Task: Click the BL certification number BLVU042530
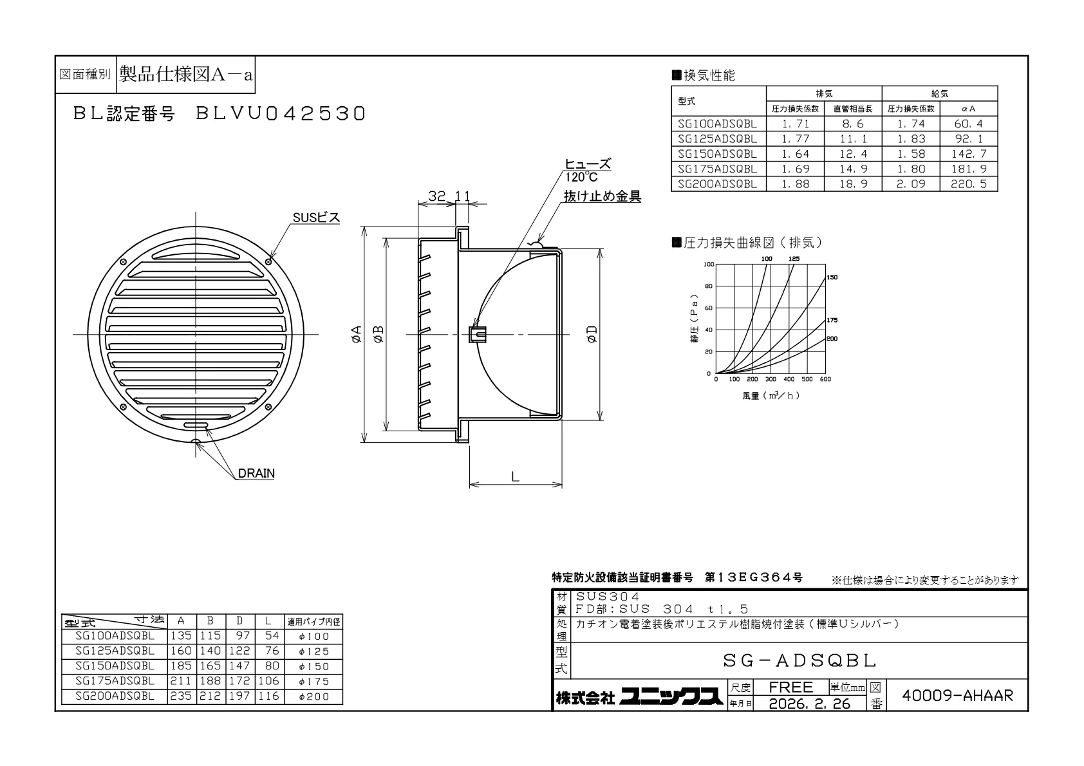click(280, 114)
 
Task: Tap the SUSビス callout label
click(317, 218)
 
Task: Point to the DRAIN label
click(256, 473)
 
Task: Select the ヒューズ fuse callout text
click(588, 164)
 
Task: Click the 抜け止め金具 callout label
click(603, 196)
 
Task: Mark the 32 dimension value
click(436, 196)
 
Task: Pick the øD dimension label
click(592, 334)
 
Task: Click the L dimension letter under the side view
click(516, 477)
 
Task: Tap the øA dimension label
click(356, 334)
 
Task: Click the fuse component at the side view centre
click(477, 334)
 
